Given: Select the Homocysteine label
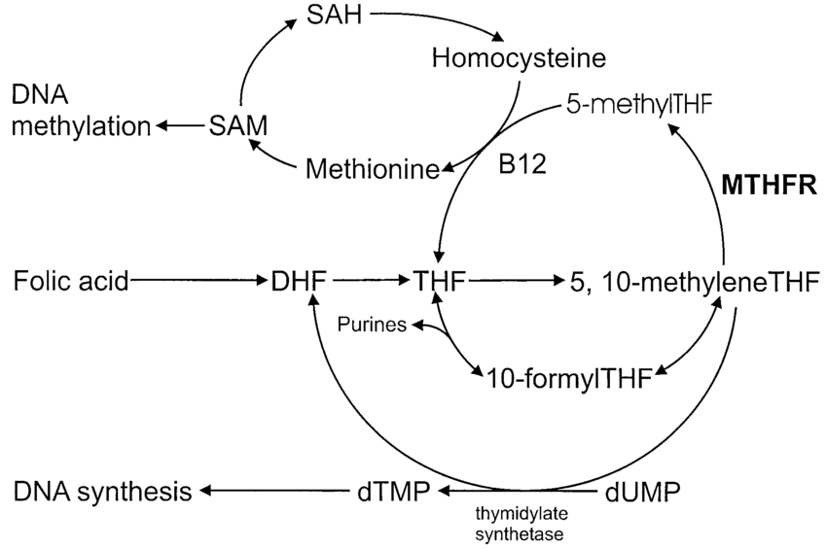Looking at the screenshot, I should click(518, 59).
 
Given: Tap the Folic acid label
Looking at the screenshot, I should click(70, 282).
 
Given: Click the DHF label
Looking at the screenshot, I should click(302, 282).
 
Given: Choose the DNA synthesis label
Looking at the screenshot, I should click(102, 491).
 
